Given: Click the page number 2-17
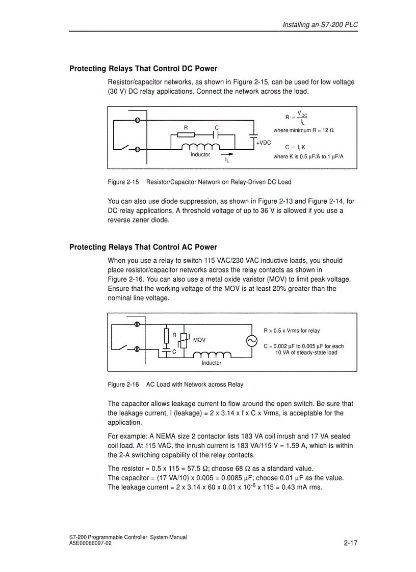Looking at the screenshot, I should click(351, 543).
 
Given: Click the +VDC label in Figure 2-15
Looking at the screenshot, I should click(264, 143).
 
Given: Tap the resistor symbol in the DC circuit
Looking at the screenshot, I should click(186, 135).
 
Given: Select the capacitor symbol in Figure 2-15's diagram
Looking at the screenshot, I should click(216, 135).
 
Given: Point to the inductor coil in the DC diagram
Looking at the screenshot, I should click(200, 147).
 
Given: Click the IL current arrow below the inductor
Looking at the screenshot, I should click(227, 154).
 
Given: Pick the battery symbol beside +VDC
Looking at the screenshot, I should click(253, 136).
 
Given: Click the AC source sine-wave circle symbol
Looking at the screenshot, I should click(252, 341).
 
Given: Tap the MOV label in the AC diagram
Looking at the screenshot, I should click(199, 340).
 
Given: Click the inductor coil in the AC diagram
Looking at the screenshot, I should click(212, 355).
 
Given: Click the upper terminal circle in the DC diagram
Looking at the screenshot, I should click(137, 120).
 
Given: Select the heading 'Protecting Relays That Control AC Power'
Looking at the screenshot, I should click(143, 248).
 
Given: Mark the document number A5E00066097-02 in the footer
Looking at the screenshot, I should click(90, 543).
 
